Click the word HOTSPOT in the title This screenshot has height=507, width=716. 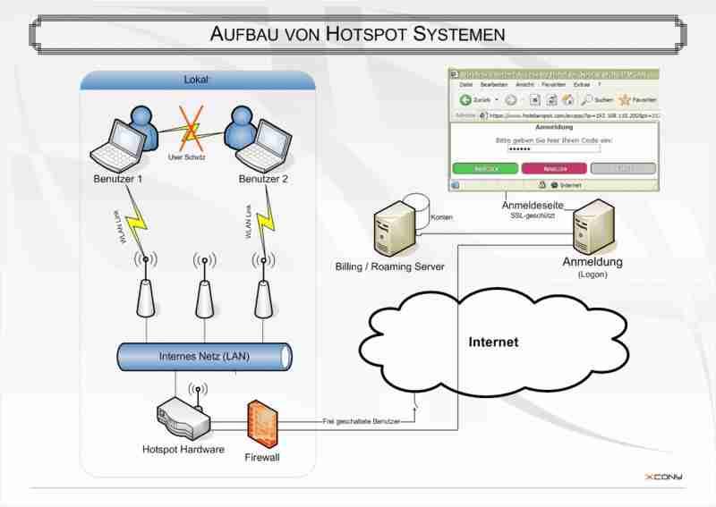pos(367,34)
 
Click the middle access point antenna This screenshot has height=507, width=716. pos(204,286)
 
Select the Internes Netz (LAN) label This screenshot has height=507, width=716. pos(204,356)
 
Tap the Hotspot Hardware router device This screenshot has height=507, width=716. pos(183,418)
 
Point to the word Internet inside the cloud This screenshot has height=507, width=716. pos(493,342)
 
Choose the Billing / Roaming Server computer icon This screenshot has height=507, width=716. pos(391,229)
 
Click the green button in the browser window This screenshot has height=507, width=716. pos(485,168)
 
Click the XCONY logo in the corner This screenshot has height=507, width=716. pos(663,477)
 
